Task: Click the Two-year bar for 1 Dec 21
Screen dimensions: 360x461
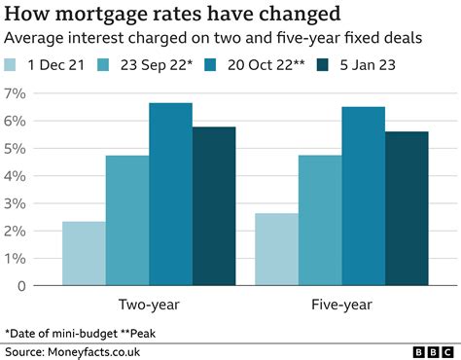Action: point(84,254)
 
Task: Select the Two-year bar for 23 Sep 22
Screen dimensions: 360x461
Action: point(127,221)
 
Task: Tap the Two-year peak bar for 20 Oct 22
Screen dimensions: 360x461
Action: point(170,195)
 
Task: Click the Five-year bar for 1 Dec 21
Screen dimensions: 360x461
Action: point(276,250)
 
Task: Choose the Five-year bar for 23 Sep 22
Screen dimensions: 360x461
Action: point(320,221)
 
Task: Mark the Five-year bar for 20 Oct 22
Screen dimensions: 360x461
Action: point(363,197)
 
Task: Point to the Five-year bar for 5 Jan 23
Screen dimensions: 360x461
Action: point(407,209)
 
